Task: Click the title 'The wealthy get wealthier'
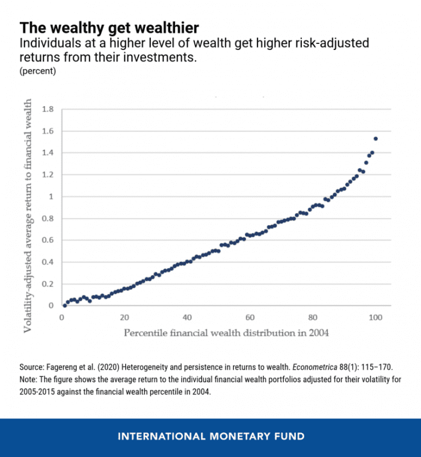tap(109, 28)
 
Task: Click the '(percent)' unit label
tap(38, 71)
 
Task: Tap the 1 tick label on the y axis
tap(51, 197)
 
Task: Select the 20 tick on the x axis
tap(124, 317)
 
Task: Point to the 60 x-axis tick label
tap(250, 317)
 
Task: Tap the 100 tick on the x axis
tap(375, 317)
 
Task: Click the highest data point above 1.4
tap(376, 139)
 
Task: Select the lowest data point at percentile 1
tap(65, 305)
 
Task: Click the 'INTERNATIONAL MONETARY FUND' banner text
tap(210, 436)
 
